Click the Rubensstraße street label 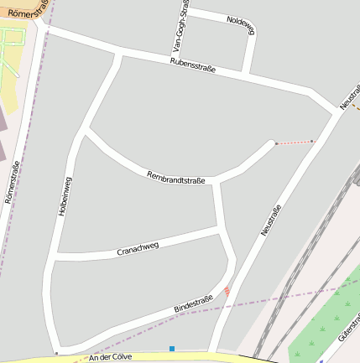[192, 66]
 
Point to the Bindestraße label [193, 305]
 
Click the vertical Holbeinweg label [65, 197]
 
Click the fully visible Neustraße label [270, 214]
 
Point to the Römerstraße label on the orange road [23, 8]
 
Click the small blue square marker [172, 348]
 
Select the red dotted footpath [294, 143]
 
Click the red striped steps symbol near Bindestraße [226, 291]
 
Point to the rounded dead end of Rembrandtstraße [274, 144]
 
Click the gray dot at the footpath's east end [312, 141]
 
